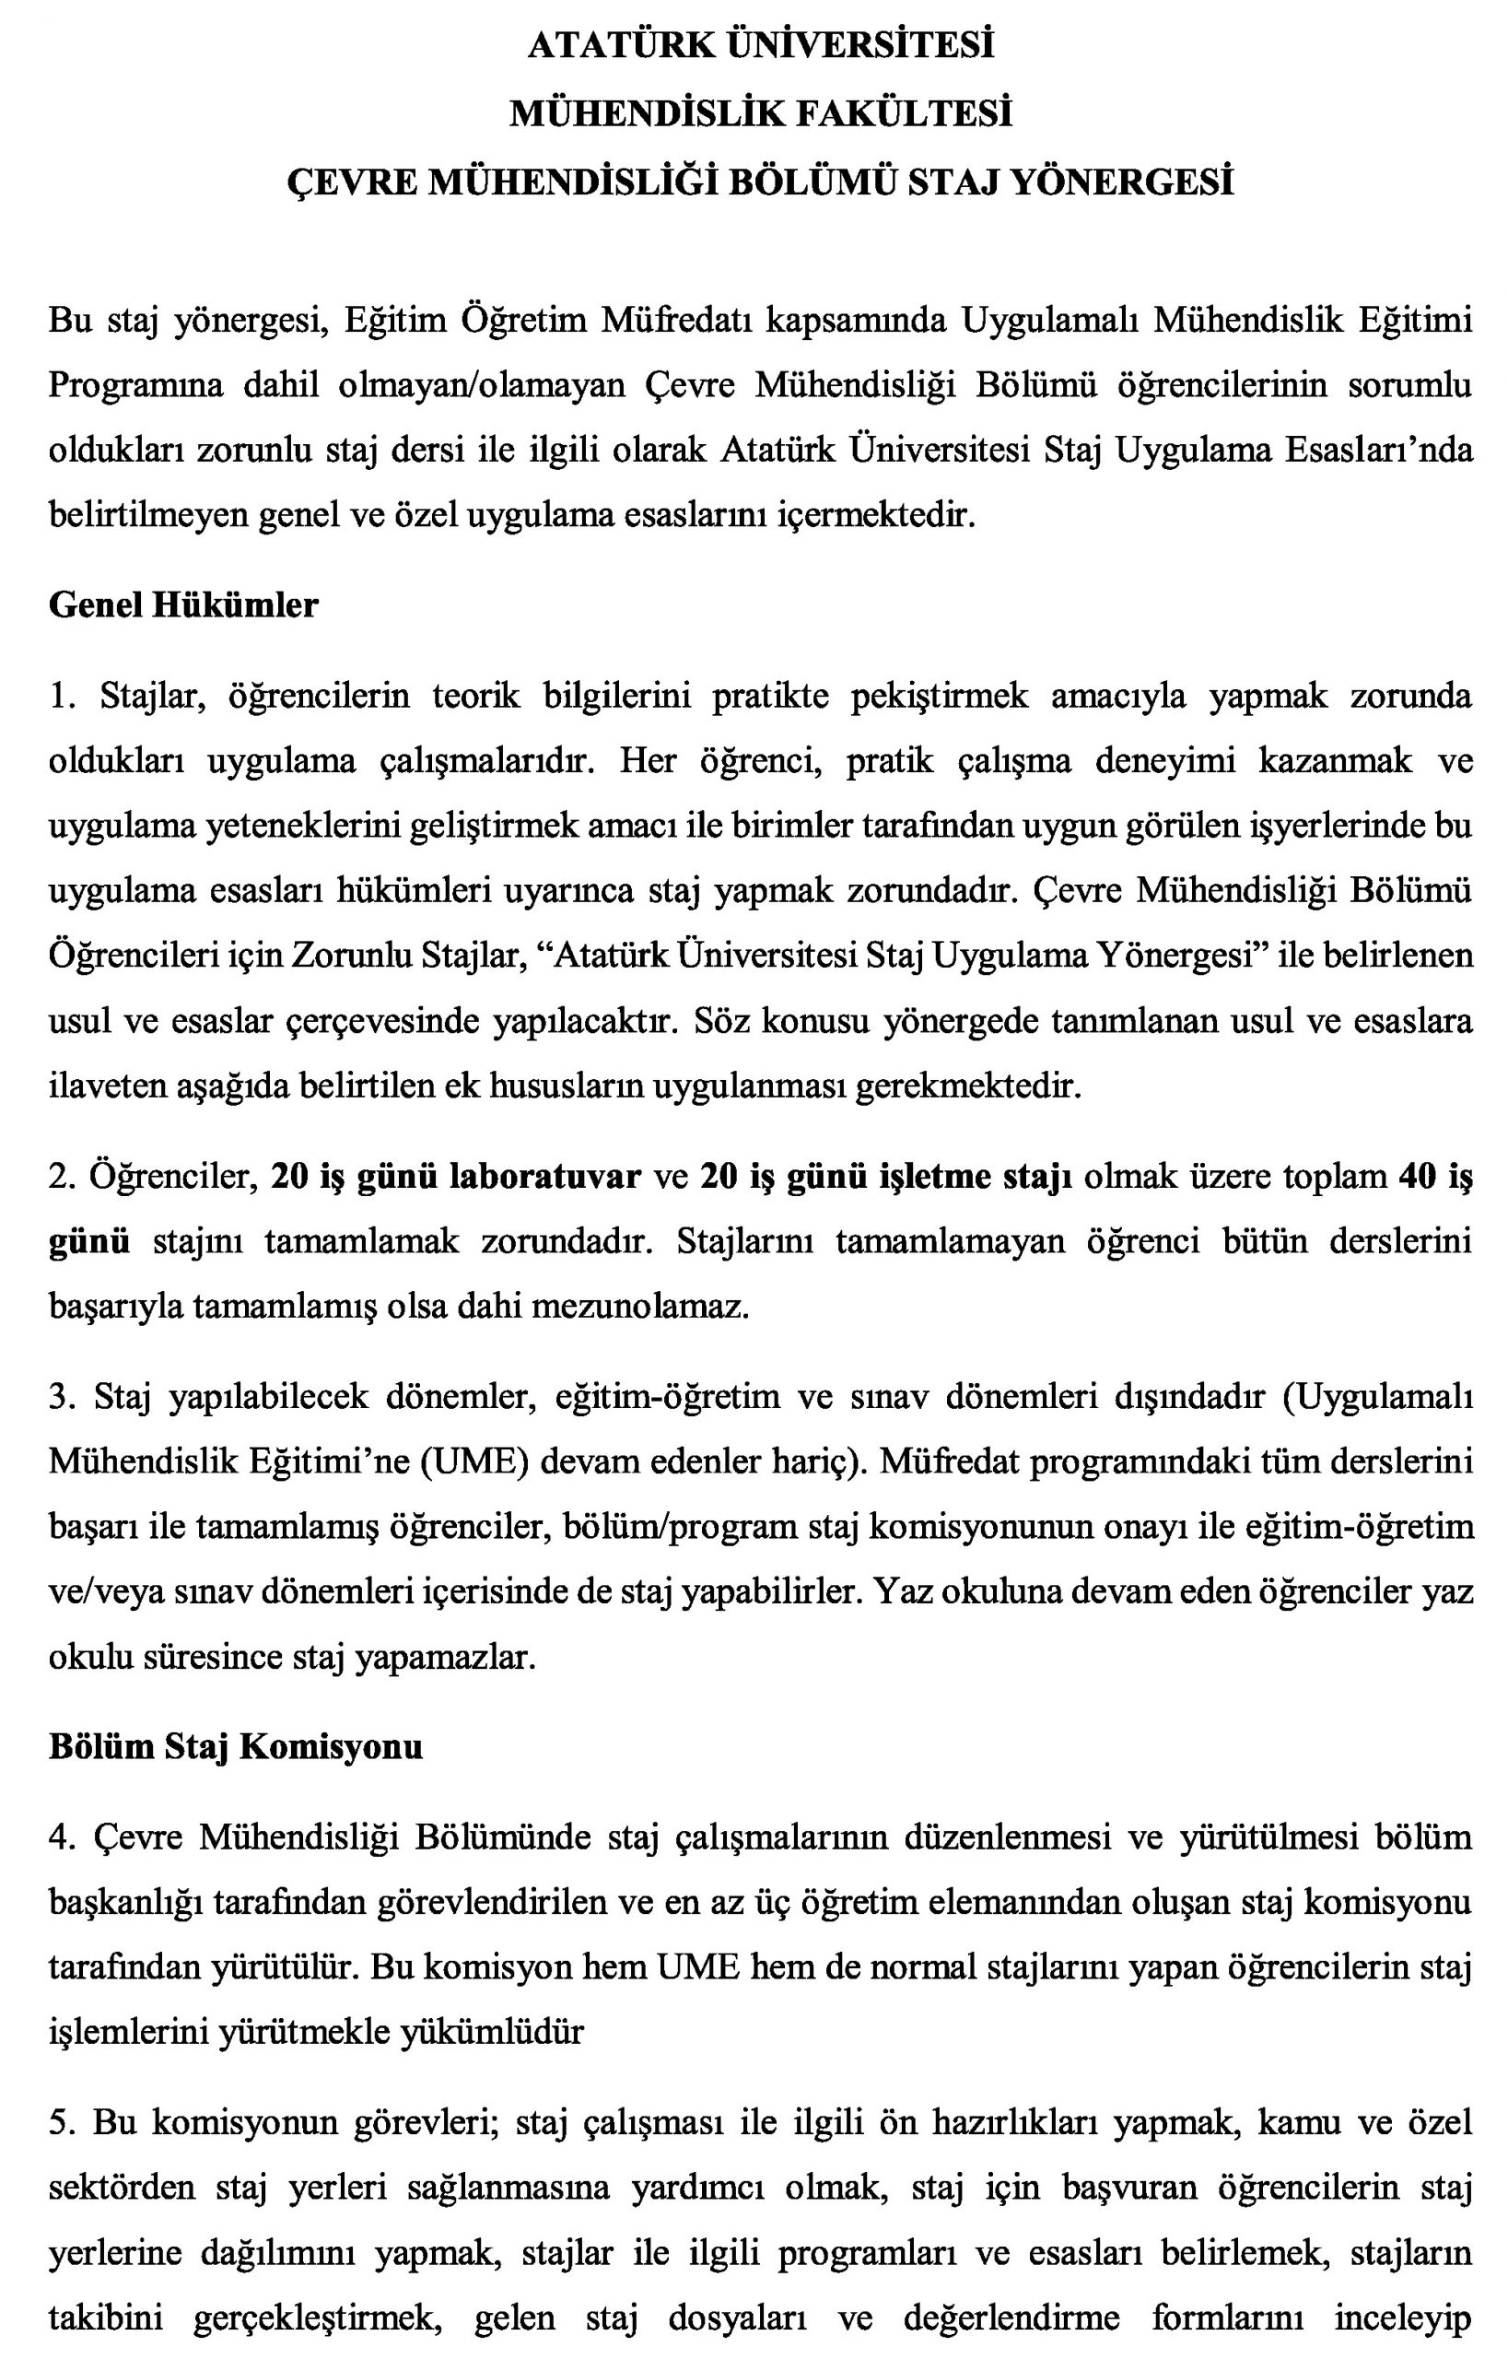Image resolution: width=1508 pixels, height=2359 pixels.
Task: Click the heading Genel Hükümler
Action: click(x=183, y=604)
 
